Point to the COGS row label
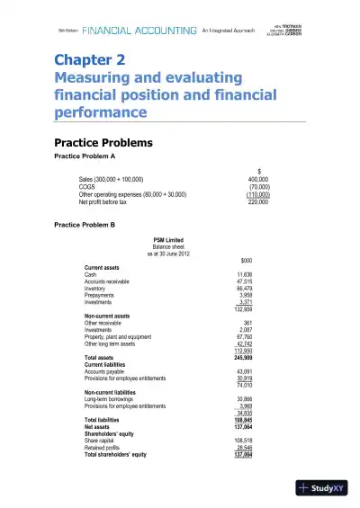pyautogui.click(x=88, y=186)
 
